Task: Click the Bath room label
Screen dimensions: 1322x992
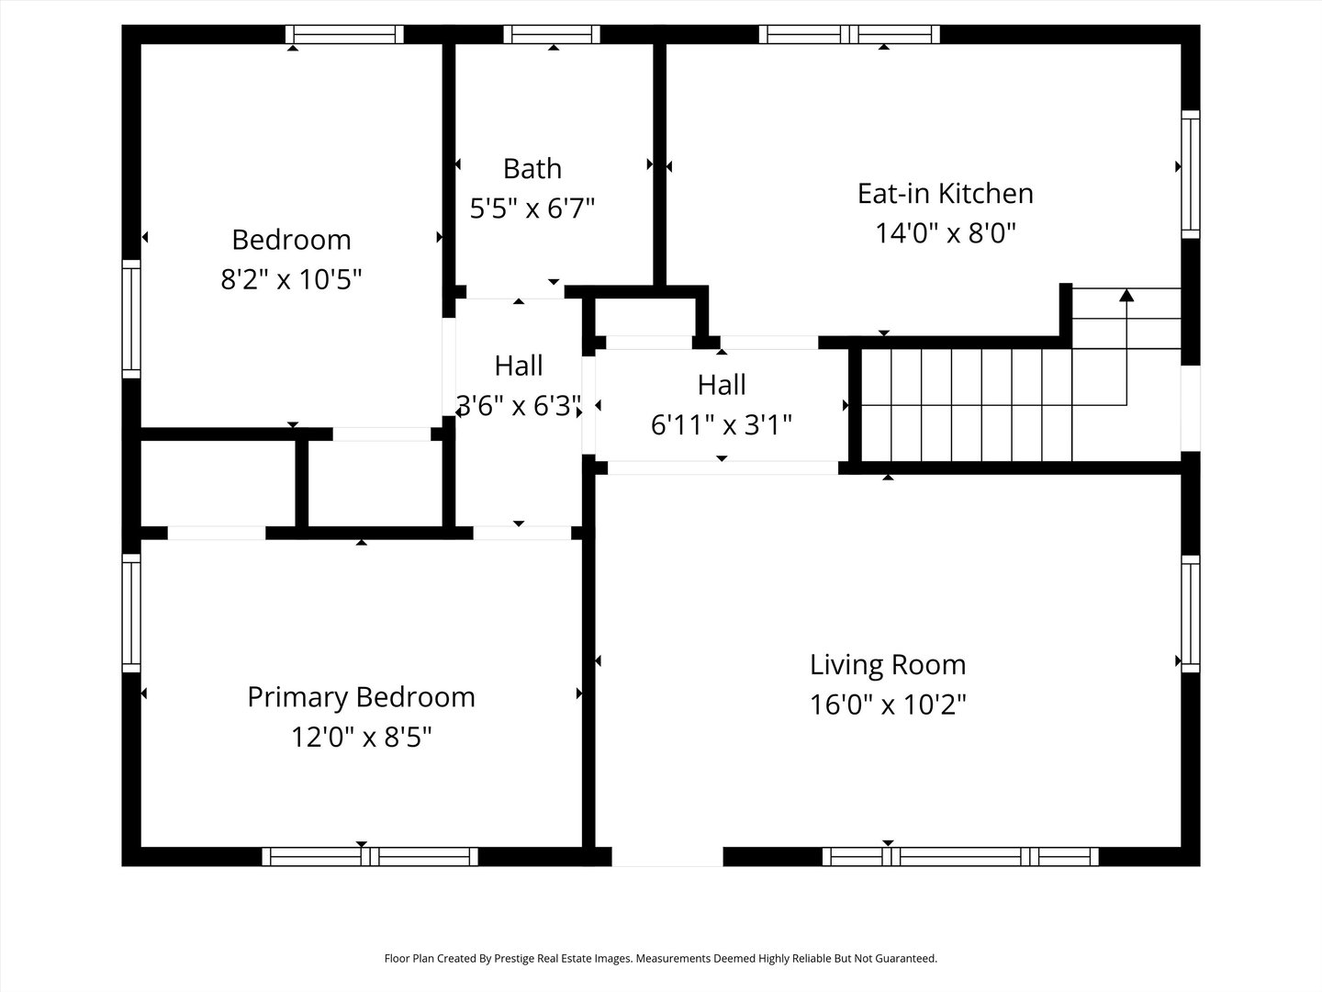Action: click(532, 169)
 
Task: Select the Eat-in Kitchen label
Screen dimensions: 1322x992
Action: click(945, 193)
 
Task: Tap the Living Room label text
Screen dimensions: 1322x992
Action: click(888, 664)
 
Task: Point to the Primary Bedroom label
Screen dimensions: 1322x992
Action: click(362, 697)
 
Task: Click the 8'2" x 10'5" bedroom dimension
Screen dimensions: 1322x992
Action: click(292, 279)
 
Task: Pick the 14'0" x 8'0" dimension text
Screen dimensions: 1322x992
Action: click(945, 233)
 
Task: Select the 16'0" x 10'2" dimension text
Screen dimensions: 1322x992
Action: click(888, 705)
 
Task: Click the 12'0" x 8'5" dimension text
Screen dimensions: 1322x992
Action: click(362, 738)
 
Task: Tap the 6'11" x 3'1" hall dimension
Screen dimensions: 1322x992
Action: click(721, 424)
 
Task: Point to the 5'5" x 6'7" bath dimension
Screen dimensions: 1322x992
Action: click(532, 209)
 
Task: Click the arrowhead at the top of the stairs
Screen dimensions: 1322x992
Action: click(1126, 295)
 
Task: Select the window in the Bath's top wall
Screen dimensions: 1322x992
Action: click(552, 34)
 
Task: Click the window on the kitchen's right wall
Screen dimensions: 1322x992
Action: click(1190, 175)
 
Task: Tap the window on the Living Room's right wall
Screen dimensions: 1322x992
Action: click(1190, 614)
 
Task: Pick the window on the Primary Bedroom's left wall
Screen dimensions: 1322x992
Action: click(131, 614)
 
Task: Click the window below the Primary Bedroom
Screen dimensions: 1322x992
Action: click(370, 856)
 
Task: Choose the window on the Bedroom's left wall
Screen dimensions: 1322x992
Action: click(131, 320)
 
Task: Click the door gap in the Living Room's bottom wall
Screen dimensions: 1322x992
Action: click(667, 856)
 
